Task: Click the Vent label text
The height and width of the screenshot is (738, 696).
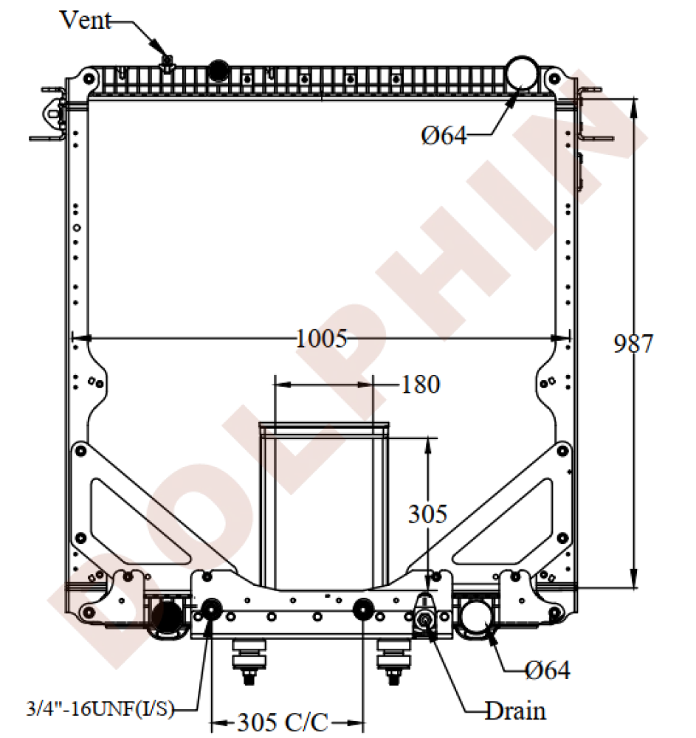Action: pyautogui.click(x=85, y=20)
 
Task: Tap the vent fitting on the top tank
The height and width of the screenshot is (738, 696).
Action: pyautogui.click(x=168, y=63)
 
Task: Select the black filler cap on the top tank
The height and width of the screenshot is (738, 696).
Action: pyautogui.click(x=218, y=70)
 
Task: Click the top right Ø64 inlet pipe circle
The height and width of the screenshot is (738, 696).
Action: pyautogui.click(x=522, y=72)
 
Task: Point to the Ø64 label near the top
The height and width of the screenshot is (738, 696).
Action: pyautogui.click(x=444, y=136)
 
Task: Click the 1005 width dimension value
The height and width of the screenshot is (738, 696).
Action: pyautogui.click(x=321, y=339)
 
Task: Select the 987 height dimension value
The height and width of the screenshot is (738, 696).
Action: pyautogui.click(x=633, y=344)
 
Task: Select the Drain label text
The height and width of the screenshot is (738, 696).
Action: pyautogui.click(x=515, y=711)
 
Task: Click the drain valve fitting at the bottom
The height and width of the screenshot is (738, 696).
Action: pyautogui.click(x=426, y=618)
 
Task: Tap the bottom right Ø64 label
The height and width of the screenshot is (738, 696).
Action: pyautogui.click(x=548, y=670)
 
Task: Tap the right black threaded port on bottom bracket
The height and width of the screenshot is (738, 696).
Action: pyautogui.click(x=362, y=610)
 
